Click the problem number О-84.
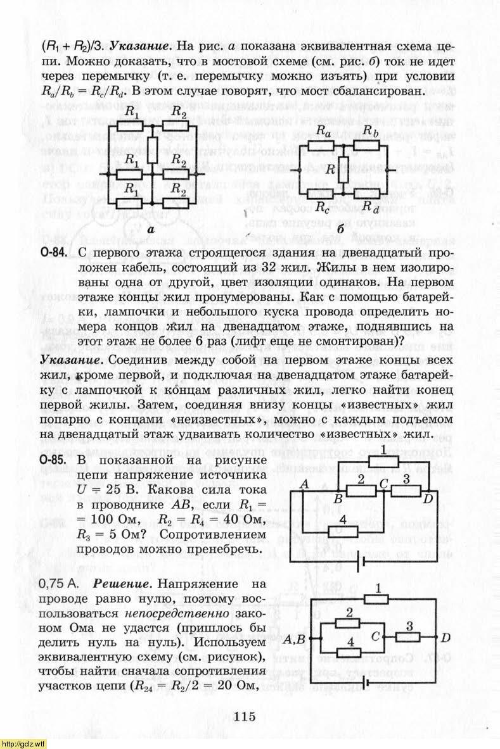(54, 254)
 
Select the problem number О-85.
(54, 460)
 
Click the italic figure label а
(151, 230)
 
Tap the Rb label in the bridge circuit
(371, 131)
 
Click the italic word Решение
(116, 583)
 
